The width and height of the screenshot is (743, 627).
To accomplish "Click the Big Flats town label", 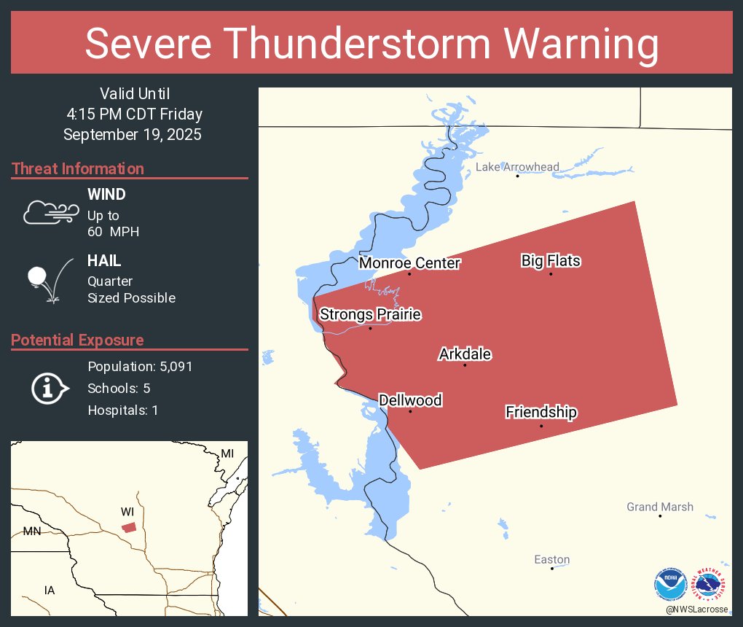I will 551,261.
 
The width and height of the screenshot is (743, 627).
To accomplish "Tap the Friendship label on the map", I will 541,413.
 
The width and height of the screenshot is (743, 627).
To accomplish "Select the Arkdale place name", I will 465,355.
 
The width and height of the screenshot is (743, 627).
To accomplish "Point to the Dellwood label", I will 410,400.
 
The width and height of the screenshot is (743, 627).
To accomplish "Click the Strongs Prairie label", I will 371,315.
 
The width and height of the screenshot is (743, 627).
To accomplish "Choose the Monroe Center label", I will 409,263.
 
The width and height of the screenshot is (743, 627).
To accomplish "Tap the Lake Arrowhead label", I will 517,167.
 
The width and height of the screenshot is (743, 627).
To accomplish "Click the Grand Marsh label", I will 660,507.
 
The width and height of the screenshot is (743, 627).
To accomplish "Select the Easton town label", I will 551,560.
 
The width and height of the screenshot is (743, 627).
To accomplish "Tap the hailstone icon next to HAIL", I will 38,277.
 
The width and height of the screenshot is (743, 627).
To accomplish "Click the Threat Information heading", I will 78,169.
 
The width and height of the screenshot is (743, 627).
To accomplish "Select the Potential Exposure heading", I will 77,340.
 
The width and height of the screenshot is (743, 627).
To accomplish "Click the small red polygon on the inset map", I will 129,527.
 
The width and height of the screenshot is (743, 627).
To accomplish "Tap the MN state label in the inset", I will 32,531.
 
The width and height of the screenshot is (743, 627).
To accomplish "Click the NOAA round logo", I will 670,584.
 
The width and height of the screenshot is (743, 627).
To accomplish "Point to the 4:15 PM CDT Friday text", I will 133,114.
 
